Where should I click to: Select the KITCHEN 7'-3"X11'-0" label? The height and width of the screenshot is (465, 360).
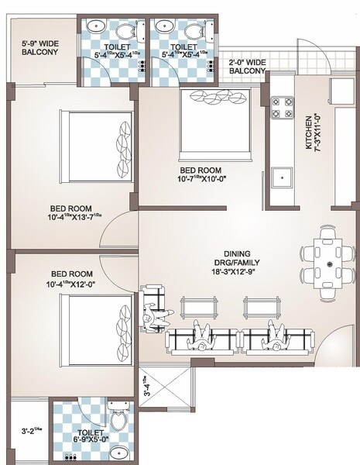[x=311, y=129]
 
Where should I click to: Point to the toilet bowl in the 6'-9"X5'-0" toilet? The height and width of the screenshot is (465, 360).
[x=117, y=423]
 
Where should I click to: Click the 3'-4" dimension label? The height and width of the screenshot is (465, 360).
[x=147, y=385]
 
